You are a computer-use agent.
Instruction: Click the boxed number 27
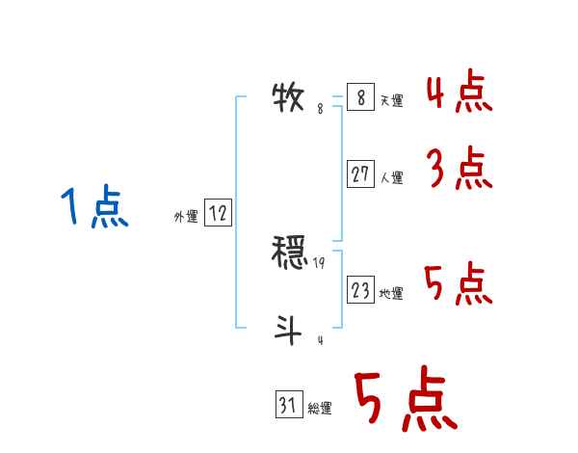[x=360, y=174]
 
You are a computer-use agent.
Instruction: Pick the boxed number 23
[x=360, y=290]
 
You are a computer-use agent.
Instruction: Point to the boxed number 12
[x=218, y=214]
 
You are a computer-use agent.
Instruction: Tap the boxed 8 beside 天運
[x=359, y=98]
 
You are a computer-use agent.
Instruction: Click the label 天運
[x=391, y=101]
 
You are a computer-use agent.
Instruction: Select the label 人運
[x=391, y=177]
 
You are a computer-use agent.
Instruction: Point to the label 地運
[x=391, y=293]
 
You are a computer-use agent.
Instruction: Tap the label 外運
[x=186, y=218]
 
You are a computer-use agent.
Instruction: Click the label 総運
[x=320, y=409]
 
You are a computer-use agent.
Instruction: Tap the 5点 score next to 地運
[x=459, y=285]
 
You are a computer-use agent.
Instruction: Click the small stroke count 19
[x=320, y=262]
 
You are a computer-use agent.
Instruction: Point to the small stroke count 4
[x=320, y=339]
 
